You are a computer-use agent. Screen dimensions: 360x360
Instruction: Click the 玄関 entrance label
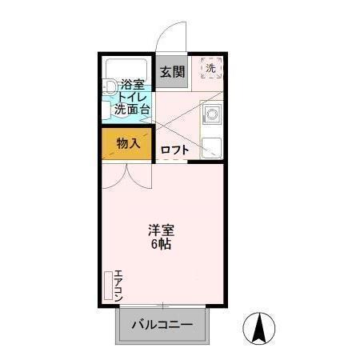coord(172,72)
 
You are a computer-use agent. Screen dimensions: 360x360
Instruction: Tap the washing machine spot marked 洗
coord(211,69)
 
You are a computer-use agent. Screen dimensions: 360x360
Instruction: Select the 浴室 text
coord(132,84)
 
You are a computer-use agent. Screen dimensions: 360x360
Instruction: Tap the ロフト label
coord(175,149)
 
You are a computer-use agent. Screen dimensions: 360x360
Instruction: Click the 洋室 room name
coord(162,228)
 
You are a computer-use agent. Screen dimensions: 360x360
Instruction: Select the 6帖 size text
coord(162,243)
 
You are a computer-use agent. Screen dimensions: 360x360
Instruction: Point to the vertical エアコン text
coord(118,283)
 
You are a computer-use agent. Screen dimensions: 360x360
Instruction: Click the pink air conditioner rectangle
coord(108,285)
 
